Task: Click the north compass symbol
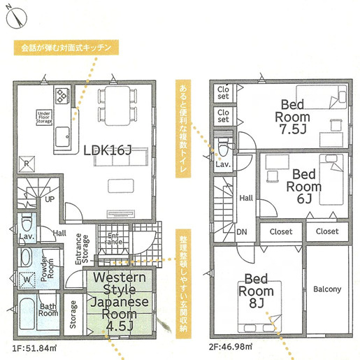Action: point(16,17)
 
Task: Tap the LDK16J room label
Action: point(108,150)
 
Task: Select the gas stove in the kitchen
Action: point(63,95)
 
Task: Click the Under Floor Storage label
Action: point(44,117)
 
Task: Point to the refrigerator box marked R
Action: point(27,164)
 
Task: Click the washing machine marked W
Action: point(27,280)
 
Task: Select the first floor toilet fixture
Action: point(27,222)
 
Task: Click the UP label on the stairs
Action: point(50,199)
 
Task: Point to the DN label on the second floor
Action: point(242,232)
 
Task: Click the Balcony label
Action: point(327,289)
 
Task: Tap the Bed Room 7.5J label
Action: point(293,117)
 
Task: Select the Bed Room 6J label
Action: point(304,187)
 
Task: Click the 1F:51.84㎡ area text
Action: point(34,348)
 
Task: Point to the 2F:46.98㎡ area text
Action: point(231,347)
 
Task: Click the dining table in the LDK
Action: point(117,106)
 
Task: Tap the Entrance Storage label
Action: point(82,249)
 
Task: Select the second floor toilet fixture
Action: point(224,147)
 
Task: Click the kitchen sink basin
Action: point(62,136)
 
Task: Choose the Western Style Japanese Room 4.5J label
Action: point(120,301)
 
